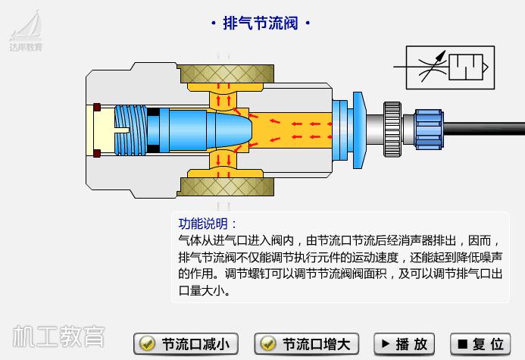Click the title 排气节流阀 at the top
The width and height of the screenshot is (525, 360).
[x=260, y=23]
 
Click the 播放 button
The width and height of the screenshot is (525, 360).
[x=405, y=344]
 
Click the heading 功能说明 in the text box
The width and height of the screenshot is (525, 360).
[x=207, y=224]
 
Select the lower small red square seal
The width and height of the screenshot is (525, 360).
[x=96, y=154]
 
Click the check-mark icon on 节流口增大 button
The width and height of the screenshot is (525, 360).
[x=267, y=344]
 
